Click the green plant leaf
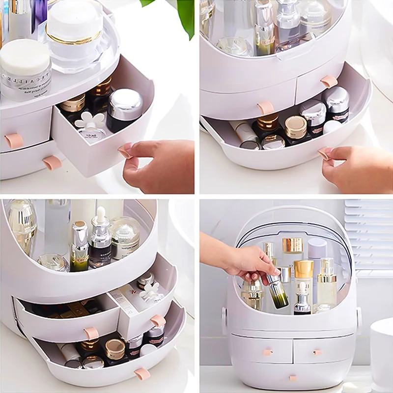(184, 15)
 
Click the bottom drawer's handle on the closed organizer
(293, 378)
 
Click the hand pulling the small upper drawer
(157, 165)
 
